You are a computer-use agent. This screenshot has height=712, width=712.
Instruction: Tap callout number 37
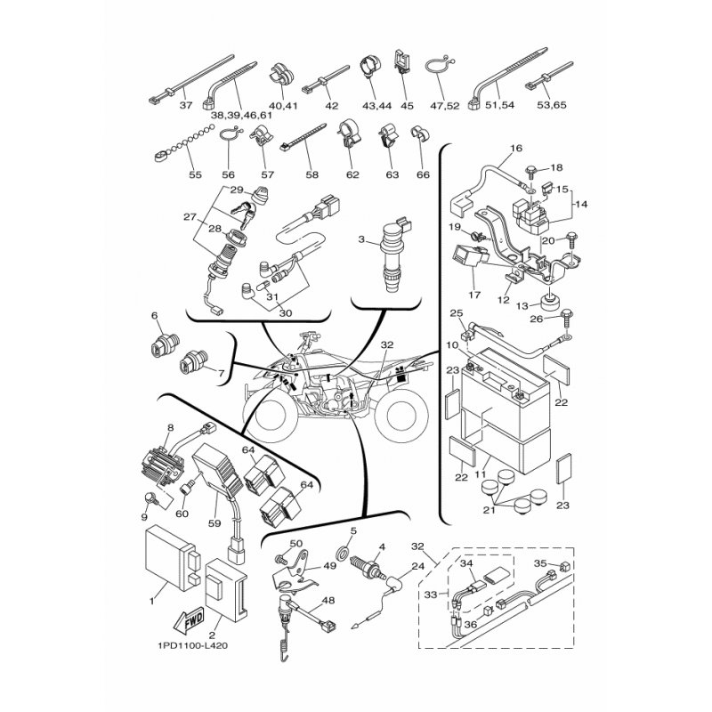point(186,105)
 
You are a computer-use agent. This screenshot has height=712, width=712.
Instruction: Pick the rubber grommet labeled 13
point(547,299)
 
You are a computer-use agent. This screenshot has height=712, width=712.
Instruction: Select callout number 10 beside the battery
point(452,344)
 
